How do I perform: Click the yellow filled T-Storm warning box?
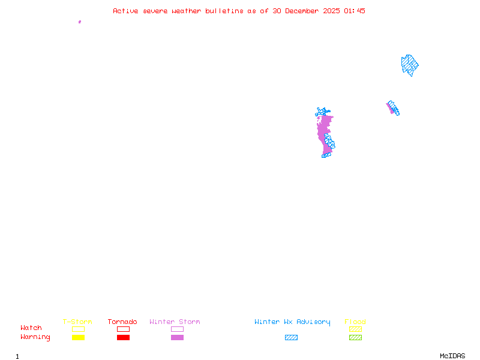pos(78,338)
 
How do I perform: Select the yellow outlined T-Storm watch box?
pos(78,329)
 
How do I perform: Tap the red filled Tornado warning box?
pos(123,338)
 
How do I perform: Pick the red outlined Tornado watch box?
pos(123,329)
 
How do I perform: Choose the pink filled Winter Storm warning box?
pos(177,338)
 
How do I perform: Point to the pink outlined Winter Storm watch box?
pos(177,329)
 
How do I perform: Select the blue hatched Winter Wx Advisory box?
pos(291,338)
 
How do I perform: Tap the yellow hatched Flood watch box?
pos(355,329)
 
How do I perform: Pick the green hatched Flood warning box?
pos(355,338)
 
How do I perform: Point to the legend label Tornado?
pos(122,322)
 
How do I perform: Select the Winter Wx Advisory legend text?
pos(292,322)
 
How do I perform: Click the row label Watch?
pos(31,328)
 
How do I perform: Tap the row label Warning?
pos(35,337)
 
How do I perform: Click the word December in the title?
pos(304,11)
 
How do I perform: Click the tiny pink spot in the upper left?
pos(80,22)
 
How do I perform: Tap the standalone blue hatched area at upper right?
pos(410,64)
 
